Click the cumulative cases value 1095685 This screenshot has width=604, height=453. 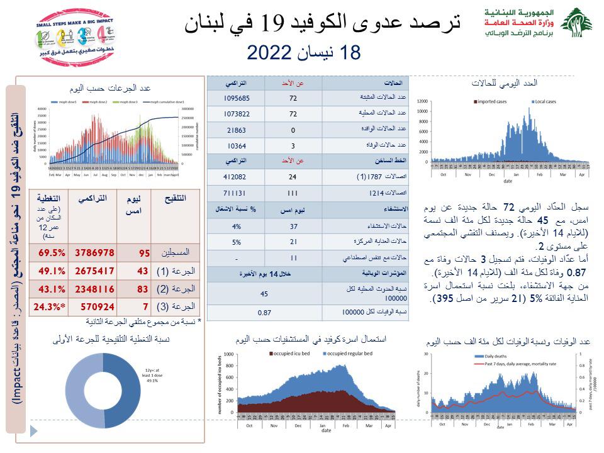236,98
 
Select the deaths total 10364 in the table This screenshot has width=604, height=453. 236,145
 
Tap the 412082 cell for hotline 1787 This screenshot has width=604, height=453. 236,177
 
